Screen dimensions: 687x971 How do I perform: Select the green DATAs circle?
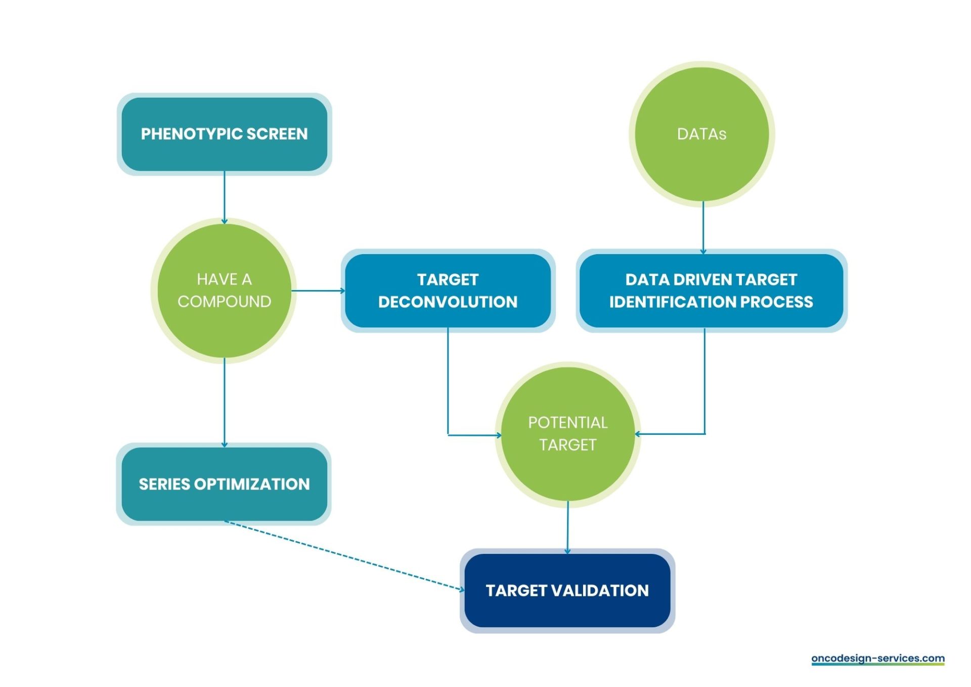pyautogui.click(x=701, y=135)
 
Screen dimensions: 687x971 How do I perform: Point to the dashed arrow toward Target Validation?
pyautogui.click(x=344, y=555)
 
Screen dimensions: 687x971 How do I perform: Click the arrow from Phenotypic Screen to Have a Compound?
pyautogui.click(x=225, y=197)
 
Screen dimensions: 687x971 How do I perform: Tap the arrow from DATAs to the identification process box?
pyautogui.click(x=703, y=228)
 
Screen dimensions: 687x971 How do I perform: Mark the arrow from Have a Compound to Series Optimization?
pyautogui.click(x=225, y=402)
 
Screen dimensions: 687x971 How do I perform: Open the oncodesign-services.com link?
pyautogui.click(x=877, y=658)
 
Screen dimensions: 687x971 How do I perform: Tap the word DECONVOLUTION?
pyautogui.click(x=448, y=302)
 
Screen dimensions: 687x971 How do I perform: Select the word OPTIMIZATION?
pyautogui.click(x=252, y=484)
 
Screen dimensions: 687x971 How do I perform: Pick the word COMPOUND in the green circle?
pyautogui.click(x=224, y=302)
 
